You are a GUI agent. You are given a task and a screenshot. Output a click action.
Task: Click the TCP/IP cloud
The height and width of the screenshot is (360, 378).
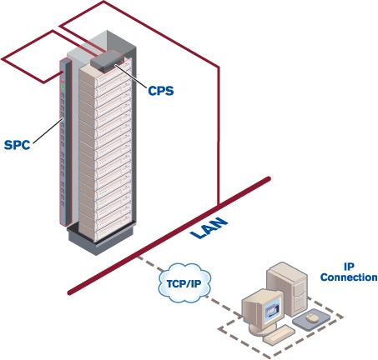(182, 286)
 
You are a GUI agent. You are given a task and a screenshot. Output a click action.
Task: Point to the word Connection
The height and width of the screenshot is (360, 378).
(349, 277)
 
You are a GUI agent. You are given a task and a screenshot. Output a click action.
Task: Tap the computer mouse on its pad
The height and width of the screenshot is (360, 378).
(312, 317)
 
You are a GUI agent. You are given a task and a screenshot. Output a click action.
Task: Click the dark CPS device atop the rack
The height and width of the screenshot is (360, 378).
(107, 60)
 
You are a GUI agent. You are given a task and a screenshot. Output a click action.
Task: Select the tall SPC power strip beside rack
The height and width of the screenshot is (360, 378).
(63, 142)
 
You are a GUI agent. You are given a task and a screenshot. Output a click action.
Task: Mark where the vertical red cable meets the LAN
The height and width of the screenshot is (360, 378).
(218, 205)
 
